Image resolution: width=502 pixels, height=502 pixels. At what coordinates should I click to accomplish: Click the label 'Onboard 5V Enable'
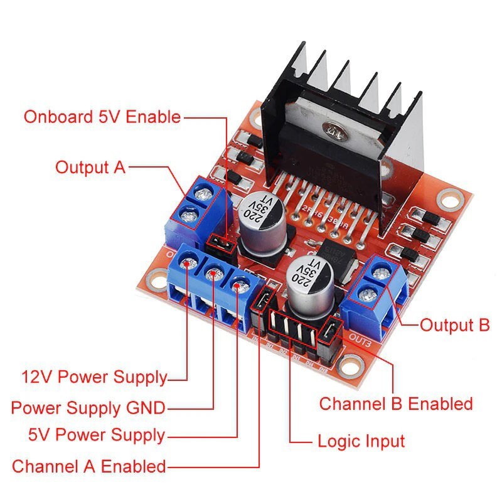coord(102,117)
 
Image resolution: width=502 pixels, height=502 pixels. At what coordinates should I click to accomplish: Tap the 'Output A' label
coord(90,168)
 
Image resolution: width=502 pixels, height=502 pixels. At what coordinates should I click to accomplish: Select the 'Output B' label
coord(454,325)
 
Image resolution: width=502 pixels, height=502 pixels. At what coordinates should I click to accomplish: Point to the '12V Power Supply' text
coord(95,377)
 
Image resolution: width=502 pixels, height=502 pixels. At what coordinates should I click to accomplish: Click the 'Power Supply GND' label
coord(88,408)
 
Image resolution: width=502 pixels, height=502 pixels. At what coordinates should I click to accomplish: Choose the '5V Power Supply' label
coord(96,435)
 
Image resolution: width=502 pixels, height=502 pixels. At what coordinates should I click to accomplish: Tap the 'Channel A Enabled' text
coord(88,466)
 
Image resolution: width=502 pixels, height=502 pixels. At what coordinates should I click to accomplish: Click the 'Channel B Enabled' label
coord(395,403)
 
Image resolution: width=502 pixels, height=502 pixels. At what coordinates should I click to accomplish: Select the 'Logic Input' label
coord(361,441)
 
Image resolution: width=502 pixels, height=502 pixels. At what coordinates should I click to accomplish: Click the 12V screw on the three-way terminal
coord(189,266)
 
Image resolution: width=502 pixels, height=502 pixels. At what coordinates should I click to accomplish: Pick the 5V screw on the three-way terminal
coord(237,286)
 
